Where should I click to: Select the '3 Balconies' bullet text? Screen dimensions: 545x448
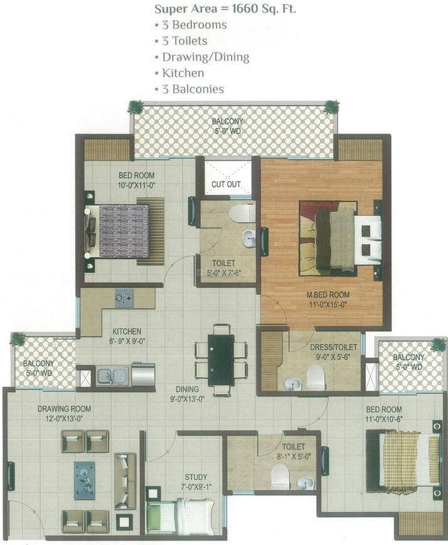(193, 89)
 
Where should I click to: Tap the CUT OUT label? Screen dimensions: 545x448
(226, 184)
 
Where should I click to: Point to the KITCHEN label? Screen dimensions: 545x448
(126, 332)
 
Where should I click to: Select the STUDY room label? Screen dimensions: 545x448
(196, 477)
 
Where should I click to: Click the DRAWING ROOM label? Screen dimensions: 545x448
(60, 409)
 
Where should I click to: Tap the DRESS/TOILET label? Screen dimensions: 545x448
(333, 347)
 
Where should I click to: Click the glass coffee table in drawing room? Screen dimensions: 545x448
(85, 480)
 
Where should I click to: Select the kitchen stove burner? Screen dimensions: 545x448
(124, 299)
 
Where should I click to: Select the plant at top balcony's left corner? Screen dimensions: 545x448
(135, 107)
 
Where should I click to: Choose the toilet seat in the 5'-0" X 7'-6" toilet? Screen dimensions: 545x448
(241, 213)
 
